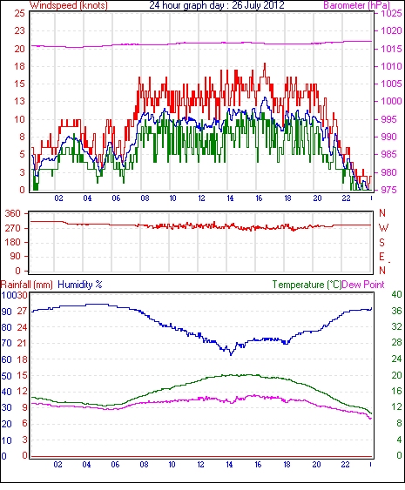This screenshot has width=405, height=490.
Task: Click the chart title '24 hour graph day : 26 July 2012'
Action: pos(217,5)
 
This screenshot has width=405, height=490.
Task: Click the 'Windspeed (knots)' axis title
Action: pos(69,5)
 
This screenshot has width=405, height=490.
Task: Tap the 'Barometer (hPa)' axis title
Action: pos(357,5)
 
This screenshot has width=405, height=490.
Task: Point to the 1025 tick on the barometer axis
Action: pos(391,13)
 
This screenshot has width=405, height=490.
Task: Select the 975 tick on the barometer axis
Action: pos(391,190)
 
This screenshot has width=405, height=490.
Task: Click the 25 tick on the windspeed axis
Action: pos(20,13)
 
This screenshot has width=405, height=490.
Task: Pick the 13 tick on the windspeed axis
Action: pos(20,101)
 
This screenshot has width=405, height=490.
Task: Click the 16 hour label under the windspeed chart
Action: pos(259,198)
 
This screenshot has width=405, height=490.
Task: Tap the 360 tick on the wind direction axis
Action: pos(13,214)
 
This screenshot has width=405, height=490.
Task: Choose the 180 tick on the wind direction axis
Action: pos(13,242)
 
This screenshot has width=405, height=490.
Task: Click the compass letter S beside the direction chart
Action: pos(381,242)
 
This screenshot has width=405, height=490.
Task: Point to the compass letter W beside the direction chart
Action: pos(383,228)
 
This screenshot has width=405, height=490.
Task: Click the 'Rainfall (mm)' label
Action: pos(27,285)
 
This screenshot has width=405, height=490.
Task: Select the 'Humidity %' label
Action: pos(80,285)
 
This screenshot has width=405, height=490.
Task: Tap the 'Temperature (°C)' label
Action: pos(307,285)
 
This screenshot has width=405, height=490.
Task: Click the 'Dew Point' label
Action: pos(363,285)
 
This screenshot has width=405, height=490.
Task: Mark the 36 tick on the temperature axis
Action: pos(396,311)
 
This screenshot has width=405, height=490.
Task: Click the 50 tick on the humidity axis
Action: pos(7,375)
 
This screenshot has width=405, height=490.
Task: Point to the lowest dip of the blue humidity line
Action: pos(231,355)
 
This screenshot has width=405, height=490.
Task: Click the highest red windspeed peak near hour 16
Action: pos(265,64)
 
